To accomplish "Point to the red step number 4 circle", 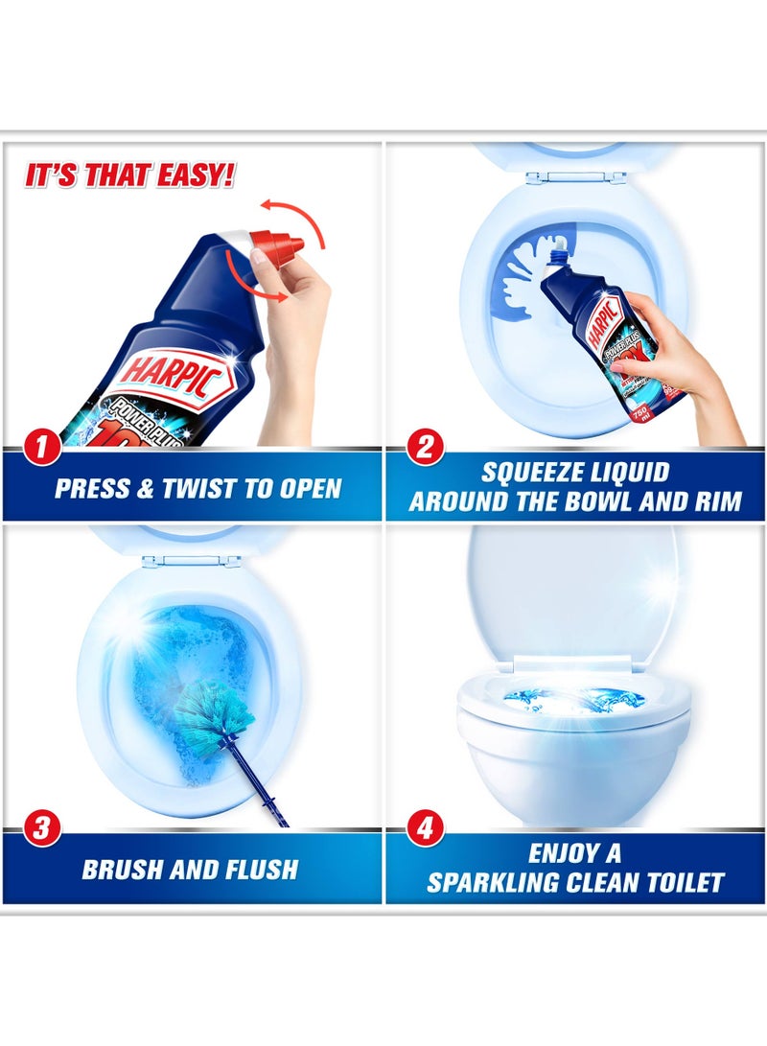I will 423,829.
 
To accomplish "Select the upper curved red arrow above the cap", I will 297,213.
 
